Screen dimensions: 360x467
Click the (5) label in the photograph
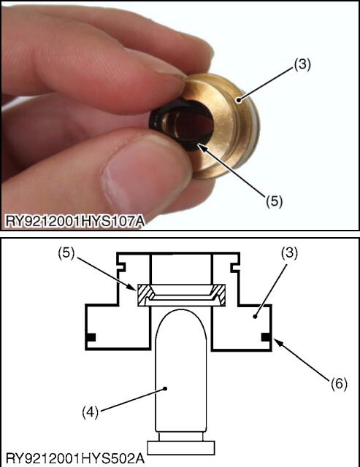tap(274, 201)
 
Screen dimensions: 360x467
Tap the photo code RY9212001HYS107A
tap(74, 221)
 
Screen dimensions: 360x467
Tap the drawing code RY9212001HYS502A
tap(75, 458)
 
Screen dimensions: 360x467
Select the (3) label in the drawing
tap(289, 253)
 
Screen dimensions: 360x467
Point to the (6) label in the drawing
tap(339, 384)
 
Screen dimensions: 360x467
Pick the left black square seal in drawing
tap(91, 337)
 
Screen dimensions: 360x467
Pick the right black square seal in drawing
tap(266, 337)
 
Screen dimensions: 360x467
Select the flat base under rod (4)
tap(181, 447)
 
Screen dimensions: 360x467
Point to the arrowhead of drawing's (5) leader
tap(134, 287)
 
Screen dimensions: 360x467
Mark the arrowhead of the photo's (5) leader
tap(200, 147)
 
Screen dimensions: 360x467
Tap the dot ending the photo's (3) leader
tap(238, 101)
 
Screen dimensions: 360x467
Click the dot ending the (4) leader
tap(166, 388)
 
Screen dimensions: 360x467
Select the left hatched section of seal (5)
tap(144, 295)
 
